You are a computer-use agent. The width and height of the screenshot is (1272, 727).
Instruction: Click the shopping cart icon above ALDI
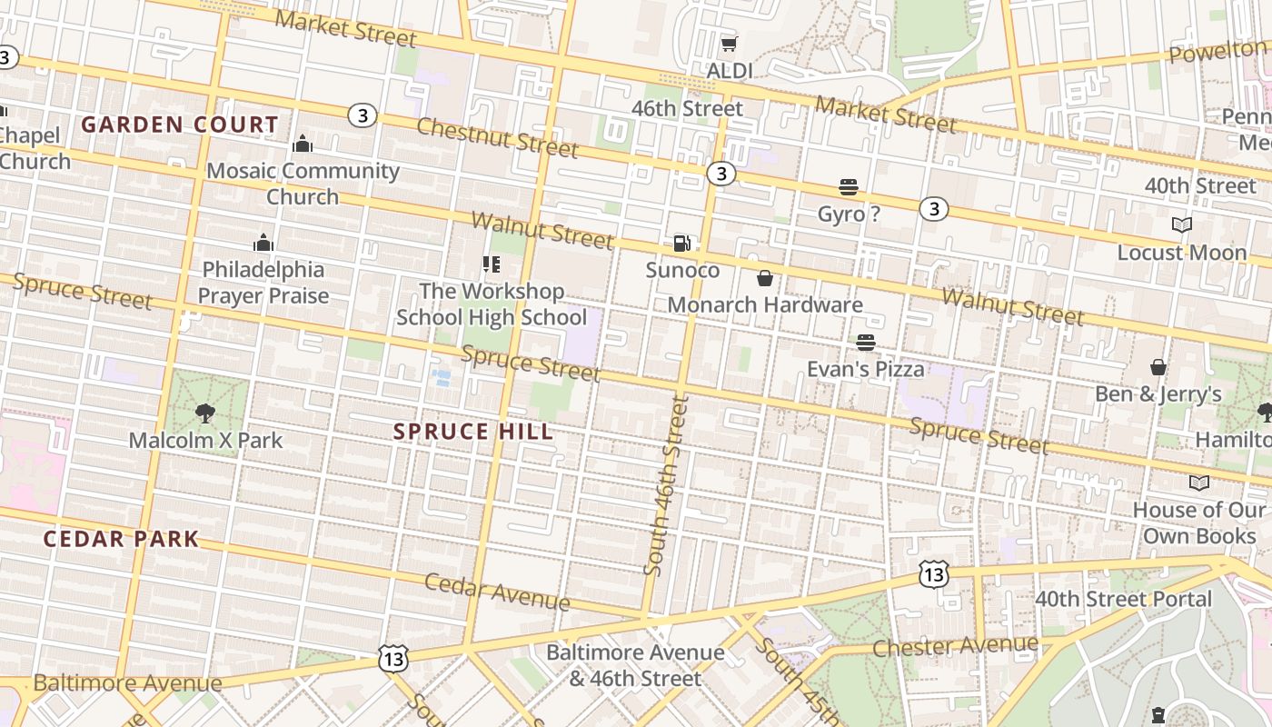729,44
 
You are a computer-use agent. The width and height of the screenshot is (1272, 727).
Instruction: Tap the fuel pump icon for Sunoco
681,243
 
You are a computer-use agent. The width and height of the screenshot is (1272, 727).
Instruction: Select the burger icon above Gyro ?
849,188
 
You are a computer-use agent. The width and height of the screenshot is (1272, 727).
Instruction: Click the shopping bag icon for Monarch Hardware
765,278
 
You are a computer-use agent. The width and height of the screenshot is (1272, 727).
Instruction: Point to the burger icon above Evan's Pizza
865,343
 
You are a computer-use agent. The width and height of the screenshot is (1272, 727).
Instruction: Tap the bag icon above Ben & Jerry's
1158,367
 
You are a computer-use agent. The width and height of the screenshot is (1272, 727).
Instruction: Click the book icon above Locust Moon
1181,225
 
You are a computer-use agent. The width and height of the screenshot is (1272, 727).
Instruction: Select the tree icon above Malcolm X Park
205,413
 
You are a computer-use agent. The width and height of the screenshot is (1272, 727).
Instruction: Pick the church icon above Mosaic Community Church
303,144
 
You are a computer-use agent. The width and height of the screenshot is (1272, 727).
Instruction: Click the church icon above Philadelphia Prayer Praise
263,243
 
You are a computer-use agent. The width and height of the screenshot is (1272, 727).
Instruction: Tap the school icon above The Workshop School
492,264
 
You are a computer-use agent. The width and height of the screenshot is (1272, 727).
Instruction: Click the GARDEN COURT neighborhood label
180,124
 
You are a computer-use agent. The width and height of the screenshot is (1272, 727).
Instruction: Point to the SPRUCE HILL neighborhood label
473,432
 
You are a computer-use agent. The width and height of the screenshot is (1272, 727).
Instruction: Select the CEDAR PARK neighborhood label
121,539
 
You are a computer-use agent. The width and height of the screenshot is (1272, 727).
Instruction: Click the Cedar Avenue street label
497,593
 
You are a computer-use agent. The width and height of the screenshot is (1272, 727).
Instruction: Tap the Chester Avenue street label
955,646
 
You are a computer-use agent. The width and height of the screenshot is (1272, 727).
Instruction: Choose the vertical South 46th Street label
667,485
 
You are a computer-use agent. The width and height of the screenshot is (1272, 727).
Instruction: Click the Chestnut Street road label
497,136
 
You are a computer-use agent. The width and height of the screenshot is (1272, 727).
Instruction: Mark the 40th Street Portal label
1124,600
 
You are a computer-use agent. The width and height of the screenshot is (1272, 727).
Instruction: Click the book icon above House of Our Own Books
1199,483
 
